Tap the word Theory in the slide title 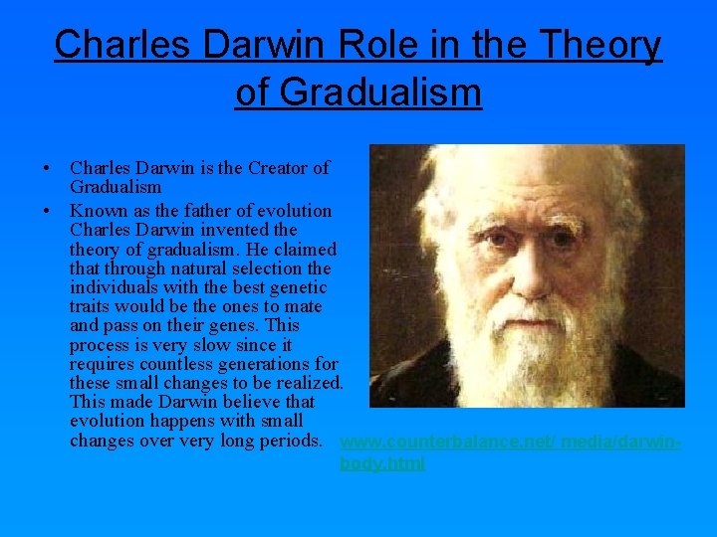pyautogui.click(x=600, y=45)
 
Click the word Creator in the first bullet pyautogui.click(x=271, y=168)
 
